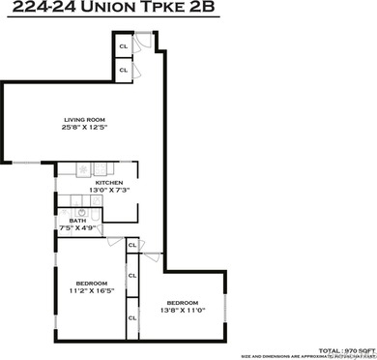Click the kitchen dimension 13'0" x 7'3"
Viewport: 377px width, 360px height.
click(x=107, y=190)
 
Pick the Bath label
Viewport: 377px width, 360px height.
click(x=67, y=221)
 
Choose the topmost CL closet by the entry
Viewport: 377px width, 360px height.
click(x=124, y=45)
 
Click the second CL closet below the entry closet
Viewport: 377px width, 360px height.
click(x=124, y=70)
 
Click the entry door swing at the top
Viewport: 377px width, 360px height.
click(x=143, y=41)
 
